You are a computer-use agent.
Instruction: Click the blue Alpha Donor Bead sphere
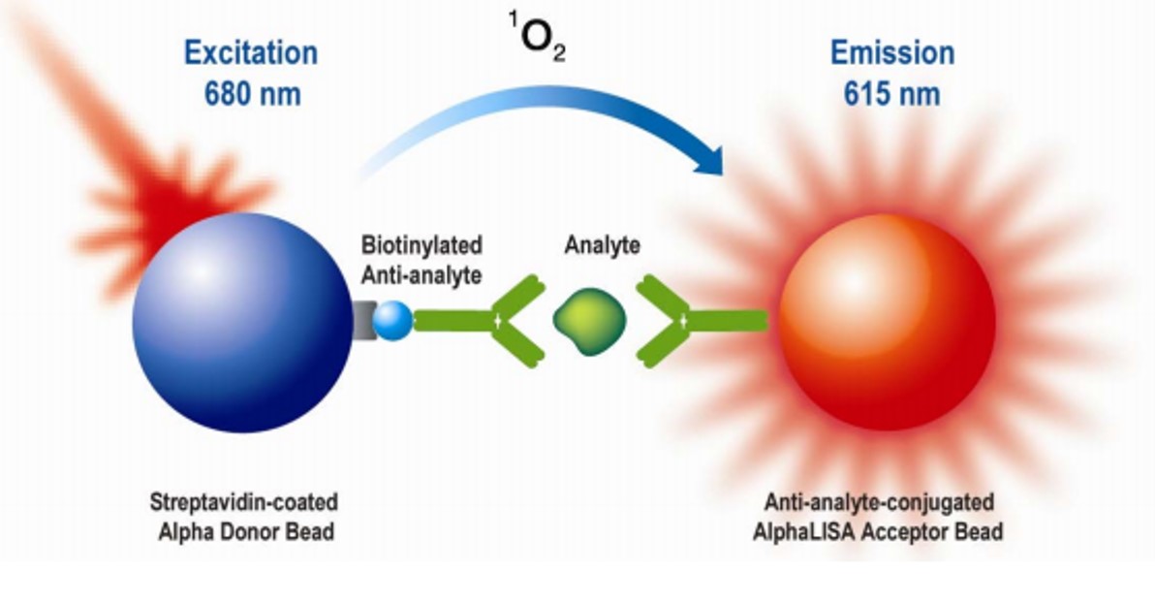pyautogui.click(x=242, y=323)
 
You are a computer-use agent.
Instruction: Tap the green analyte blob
pyautogui.click(x=589, y=322)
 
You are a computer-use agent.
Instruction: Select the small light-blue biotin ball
pyautogui.click(x=392, y=321)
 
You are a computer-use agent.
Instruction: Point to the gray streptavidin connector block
pyautogui.click(x=363, y=321)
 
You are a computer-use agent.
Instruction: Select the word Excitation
pyautogui.click(x=250, y=53)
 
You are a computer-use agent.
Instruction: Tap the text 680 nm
pyautogui.click(x=252, y=94)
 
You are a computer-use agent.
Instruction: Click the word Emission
pyautogui.click(x=892, y=53)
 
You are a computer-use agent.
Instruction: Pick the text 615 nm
pyautogui.click(x=891, y=94)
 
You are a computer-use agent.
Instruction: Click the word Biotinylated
pyautogui.click(x=421, y=244)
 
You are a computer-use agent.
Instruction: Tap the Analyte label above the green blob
pyautogui.click(x=602, y=244)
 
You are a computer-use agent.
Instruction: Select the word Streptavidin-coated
pyautogui.click(x=244, y=502)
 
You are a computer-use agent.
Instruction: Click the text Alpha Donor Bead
pyautogui.click(x=246, y=531)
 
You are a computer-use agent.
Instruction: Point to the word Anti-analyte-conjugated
pyautogui.click(x=879, y=502)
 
